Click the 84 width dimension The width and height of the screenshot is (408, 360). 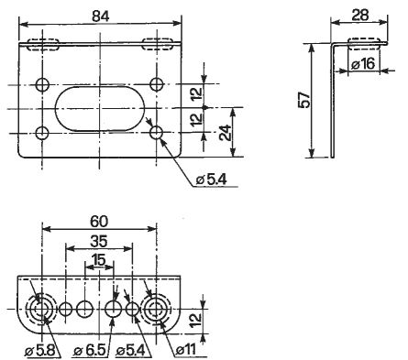[101, 16]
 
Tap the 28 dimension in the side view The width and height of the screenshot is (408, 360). [359, 15]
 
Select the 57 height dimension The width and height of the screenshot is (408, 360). [304, 100]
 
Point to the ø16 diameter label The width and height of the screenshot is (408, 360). [362, 64]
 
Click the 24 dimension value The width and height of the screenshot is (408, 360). [226, 132]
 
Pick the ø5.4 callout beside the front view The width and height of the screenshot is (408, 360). [211, 180]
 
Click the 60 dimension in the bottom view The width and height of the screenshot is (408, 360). [99, 222]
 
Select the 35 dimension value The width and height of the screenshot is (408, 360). [99, 242]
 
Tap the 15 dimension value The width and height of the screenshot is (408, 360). [99, 260]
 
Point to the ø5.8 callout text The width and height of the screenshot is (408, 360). [40, 351]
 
